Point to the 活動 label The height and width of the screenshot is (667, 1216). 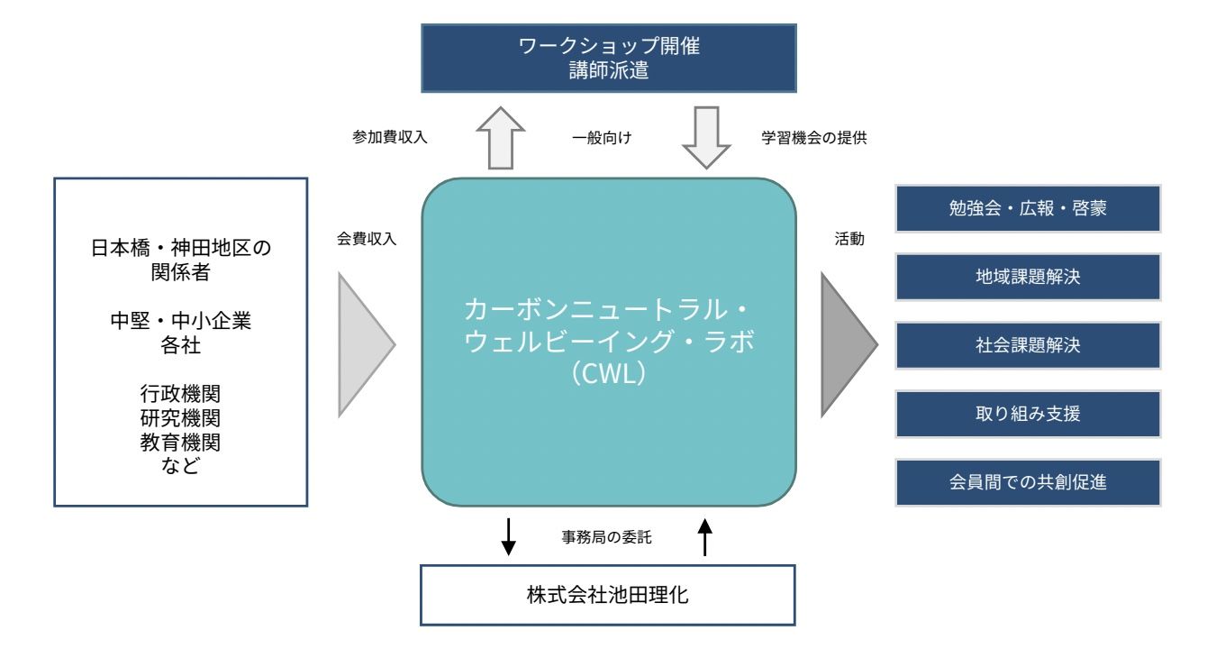(848, 241)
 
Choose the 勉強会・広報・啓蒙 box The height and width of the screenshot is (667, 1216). (1028, 209)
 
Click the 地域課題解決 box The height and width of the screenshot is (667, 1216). (1028, 277)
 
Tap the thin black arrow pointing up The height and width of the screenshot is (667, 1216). (705, 538)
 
